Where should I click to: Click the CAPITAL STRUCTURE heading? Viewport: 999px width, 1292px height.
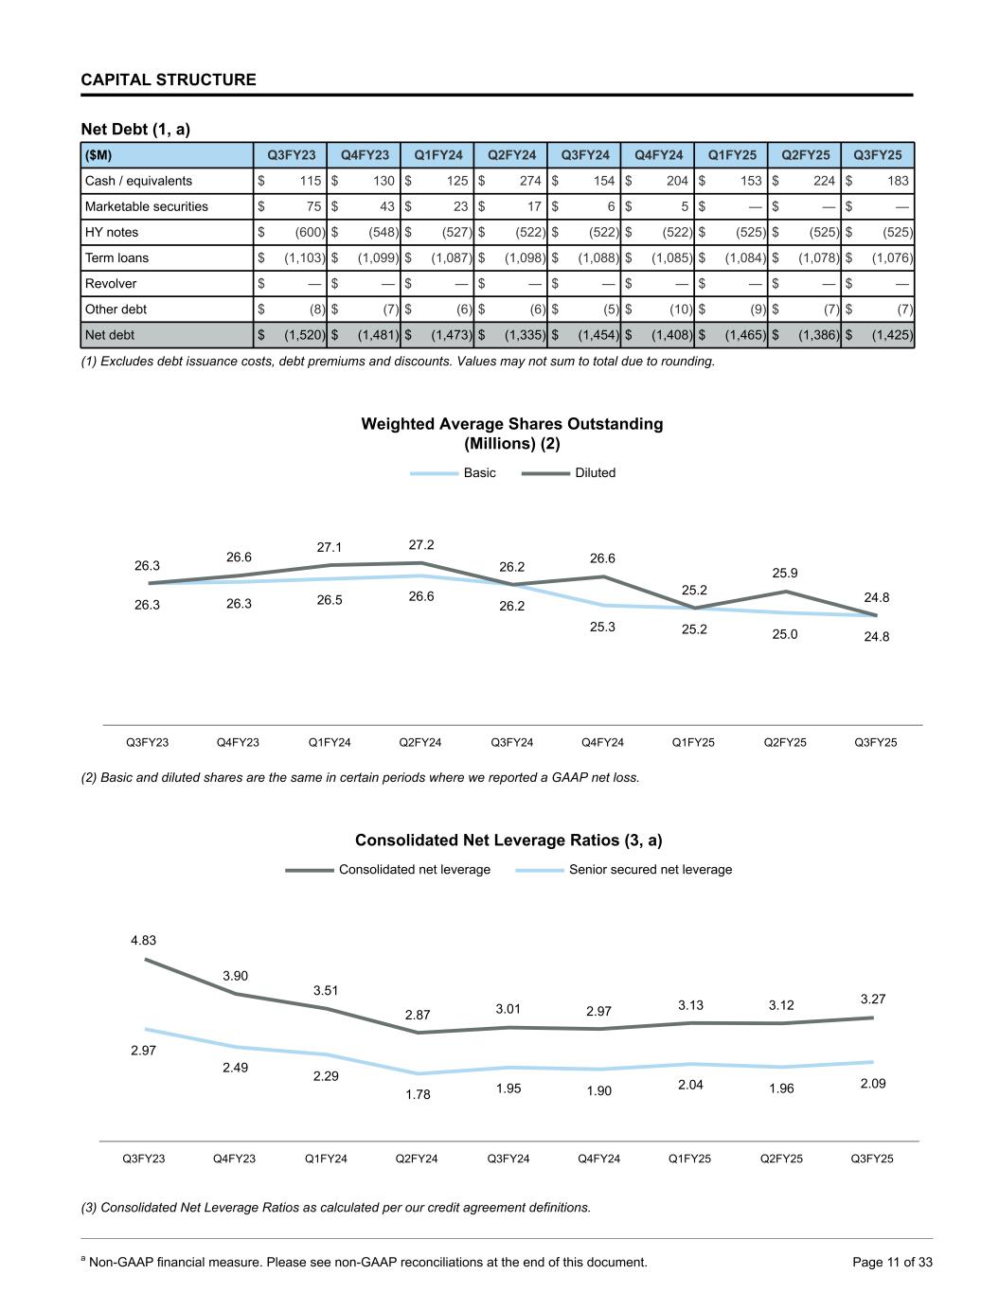(x=169, y=80)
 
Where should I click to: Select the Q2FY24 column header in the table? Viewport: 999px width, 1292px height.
(x=511, y=155)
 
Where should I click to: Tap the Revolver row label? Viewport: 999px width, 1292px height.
(x=111, y=284)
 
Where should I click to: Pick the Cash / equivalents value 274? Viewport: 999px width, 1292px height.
(x=530, y=181)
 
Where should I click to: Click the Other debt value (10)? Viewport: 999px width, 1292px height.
(x=677, y=310)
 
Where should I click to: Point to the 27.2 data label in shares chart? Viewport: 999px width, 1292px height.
(x=421, y=545)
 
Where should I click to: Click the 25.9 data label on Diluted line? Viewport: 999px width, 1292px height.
(x=785, y=573)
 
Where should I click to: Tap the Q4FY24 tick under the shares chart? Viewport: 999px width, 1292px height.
(x=602, y=742)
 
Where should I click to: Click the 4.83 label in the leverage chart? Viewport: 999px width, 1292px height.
(x=144, y=941)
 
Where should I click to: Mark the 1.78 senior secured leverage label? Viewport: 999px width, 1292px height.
(x=418, y=1094)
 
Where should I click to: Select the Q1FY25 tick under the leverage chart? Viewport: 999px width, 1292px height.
(x=689, y=1159)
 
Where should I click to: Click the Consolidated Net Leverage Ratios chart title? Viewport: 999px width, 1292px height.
(x=508, y=841)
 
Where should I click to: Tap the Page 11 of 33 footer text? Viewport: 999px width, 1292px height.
(x=892, y=1262)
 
